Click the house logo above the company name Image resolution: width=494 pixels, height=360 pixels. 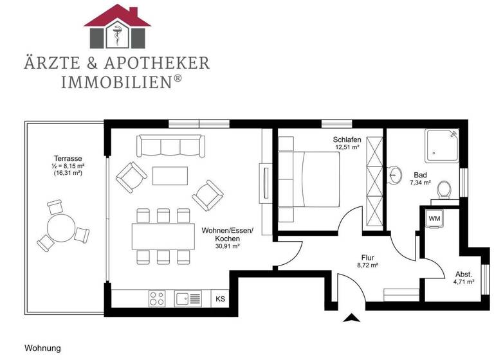[x=117, y=26]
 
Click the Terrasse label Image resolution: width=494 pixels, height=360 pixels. [x=68, y=158]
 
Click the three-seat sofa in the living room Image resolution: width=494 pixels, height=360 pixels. [x=170, y=146]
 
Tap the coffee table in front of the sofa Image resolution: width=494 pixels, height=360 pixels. [x=170, y=175]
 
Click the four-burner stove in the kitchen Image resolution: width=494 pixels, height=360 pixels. [x=158, y=298]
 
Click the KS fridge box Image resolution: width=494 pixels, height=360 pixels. [x=220, y=298]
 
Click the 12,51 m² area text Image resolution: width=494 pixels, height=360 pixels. [x=347, y=147]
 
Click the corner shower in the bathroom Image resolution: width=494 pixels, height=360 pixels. [x=442, y=147]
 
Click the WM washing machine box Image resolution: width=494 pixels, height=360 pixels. [x=435, y=218]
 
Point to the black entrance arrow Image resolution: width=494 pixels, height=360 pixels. [x=352, y=316]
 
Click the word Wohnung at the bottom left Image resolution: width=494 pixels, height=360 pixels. [x=42, y=348]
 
